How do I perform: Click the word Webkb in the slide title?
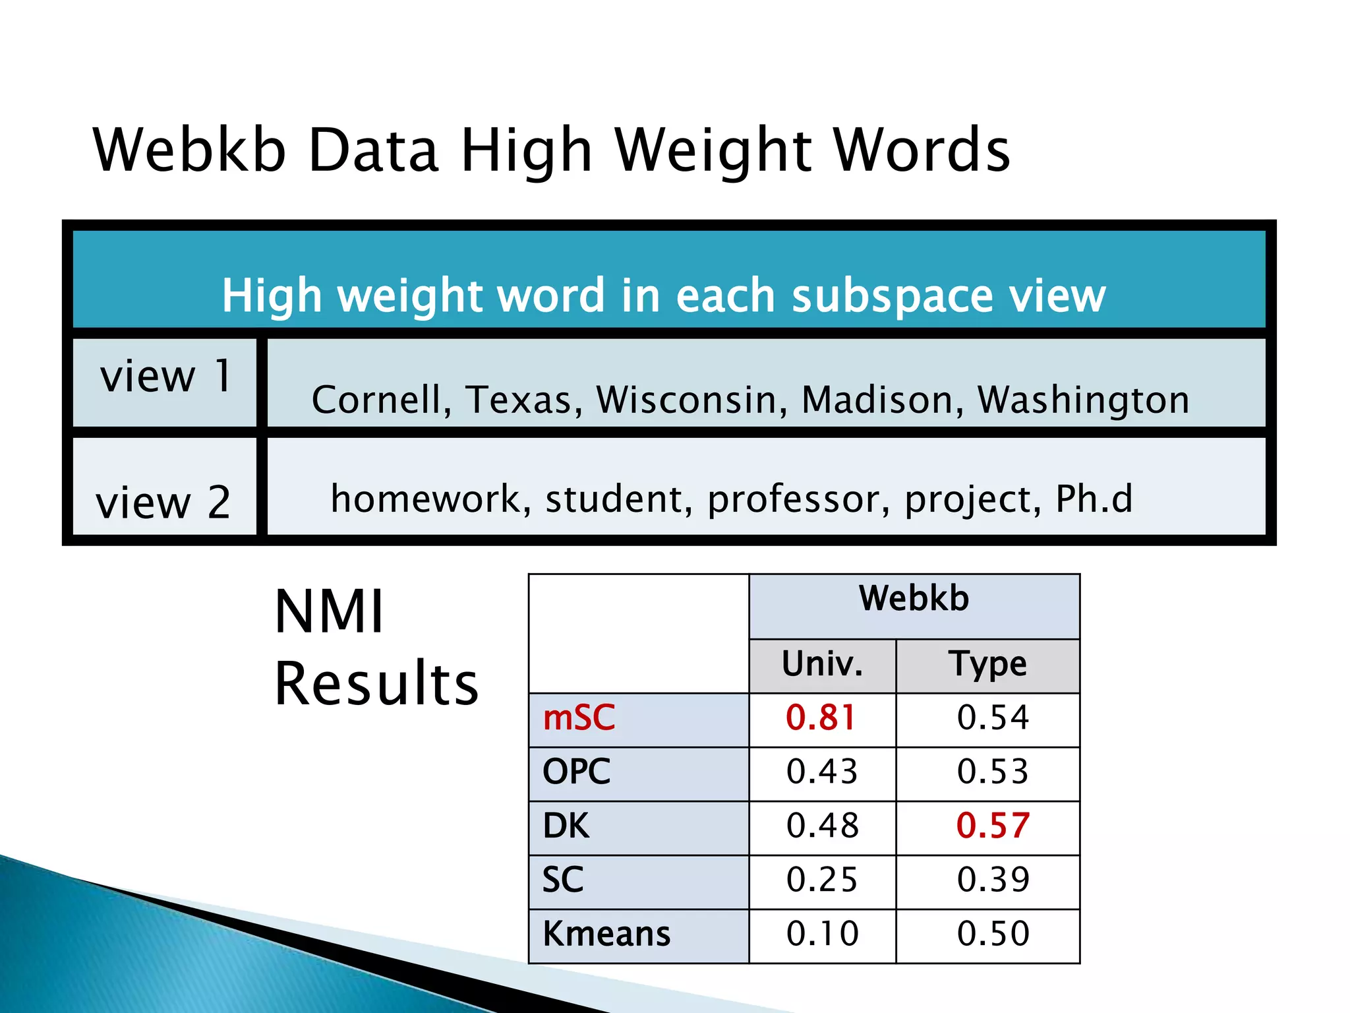tap(190, 150)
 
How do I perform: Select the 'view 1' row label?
tap(165, 376)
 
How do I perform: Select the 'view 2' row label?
tap(163, 503)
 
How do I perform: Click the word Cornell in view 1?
tap(381, 400)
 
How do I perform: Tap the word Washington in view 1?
tap(1083, 400)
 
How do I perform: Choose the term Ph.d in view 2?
tap(1094, 499)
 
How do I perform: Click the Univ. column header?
tap(822, 664)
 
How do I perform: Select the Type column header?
tap(987, 664)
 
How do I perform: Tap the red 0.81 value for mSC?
tap(821, 718)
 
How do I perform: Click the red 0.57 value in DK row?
tap(993, 826)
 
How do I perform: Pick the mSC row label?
tap(579, 718)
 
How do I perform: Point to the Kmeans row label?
tap(606, 934)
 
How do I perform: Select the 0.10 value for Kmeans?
tap(823, 934)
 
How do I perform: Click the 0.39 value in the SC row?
tap(993, 880)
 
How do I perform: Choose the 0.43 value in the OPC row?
tap(822, 772)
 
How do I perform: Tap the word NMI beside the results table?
tap(329, 612)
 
